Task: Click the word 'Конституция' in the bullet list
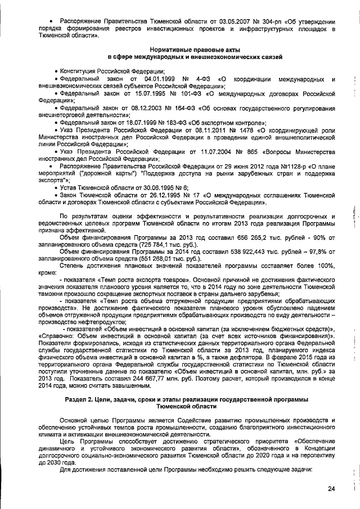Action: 85,71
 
